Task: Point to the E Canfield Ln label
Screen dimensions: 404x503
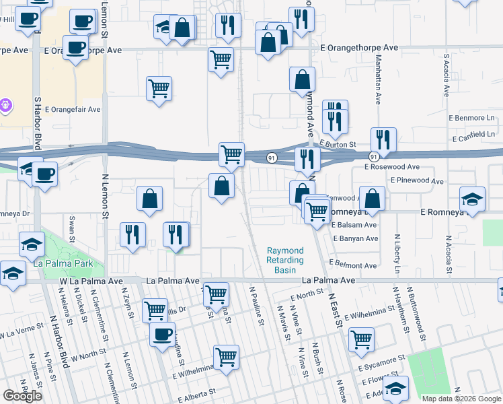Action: coord(477,135)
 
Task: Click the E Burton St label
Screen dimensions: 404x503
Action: coord(338,143)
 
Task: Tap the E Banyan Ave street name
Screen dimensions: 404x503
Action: coord(354,238)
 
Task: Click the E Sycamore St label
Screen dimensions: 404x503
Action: coord(381,364)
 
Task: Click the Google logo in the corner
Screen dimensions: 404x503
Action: coord(22,395)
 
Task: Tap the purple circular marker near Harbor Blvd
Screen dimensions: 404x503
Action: coord(5,105)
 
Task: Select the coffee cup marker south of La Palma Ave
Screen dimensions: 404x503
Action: coord(161,335)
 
